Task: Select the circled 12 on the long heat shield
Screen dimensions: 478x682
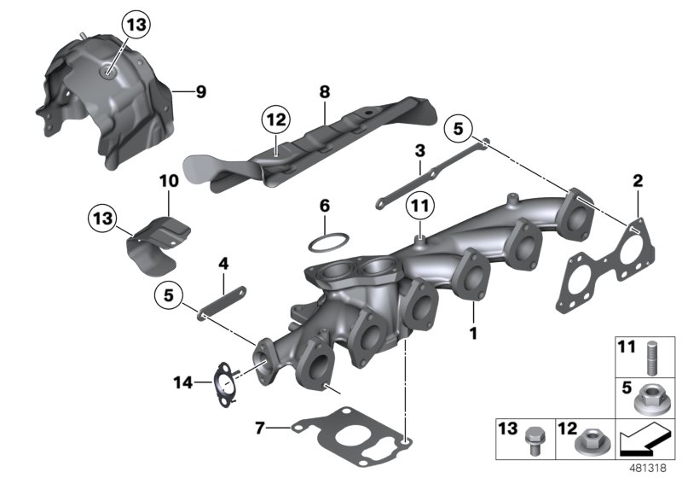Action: pos(276,121)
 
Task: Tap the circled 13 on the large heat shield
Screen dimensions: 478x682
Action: pos(136,26)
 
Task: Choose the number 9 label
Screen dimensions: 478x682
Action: pos(201,92)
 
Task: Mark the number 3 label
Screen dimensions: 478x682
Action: pos(419,151)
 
